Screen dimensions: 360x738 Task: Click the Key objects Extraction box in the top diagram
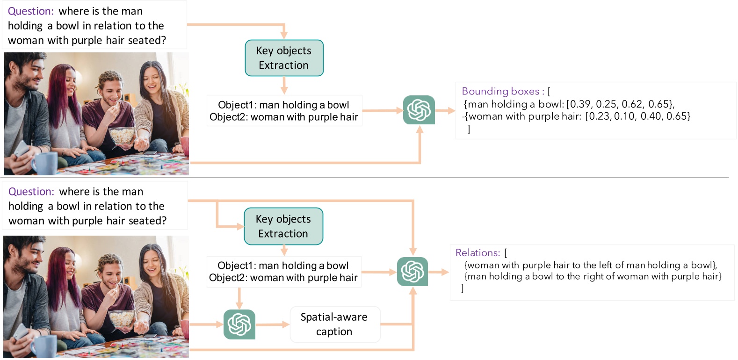[284, 58]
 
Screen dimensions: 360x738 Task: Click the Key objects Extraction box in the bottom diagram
[283, 226]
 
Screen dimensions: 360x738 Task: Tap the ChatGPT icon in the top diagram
[419, 110]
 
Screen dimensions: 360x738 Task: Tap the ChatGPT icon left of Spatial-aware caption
[239, 324]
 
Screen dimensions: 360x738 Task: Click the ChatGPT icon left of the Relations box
[412, 272]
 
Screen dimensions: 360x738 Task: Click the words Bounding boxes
[500, 91]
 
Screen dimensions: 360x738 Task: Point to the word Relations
[478, 253]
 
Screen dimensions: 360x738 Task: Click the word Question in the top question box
[30, 11]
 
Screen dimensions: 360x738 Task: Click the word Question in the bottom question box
[31, 192]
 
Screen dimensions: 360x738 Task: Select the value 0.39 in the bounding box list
[579, 104]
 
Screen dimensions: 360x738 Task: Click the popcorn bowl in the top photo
[123, 136]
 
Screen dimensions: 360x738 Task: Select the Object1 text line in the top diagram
[283, 105]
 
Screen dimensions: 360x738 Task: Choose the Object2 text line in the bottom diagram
[283, 278]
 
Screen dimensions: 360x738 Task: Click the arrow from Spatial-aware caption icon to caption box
[273, 324]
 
